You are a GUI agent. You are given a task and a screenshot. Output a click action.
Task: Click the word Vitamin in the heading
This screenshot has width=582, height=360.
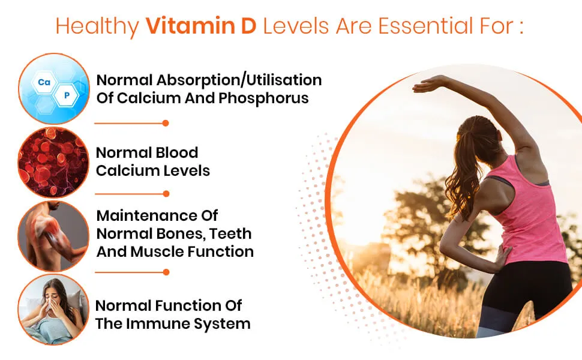point(190,26)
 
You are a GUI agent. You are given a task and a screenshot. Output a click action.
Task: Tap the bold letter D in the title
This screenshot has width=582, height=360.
point(248,26)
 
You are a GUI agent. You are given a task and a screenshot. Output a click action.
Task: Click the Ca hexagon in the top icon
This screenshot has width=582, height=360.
point(44,82)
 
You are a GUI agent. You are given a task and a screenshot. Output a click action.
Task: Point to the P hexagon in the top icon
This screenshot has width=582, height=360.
point(67,95)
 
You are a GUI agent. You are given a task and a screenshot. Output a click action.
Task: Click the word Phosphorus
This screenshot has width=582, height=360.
point(263,98)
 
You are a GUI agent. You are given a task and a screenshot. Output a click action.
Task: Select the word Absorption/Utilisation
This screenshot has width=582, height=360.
point(239,80)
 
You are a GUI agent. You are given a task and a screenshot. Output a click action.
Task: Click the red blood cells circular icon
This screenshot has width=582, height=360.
point(53,162)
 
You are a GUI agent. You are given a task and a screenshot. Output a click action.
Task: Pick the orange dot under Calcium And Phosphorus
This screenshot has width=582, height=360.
point(166,123)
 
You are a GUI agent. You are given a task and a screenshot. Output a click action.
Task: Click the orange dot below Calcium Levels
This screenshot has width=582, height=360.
point(166,194)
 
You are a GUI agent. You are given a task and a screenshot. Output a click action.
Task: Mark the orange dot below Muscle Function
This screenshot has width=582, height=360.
point(166,272)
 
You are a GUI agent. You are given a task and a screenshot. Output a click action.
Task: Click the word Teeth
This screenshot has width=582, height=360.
point(230,234)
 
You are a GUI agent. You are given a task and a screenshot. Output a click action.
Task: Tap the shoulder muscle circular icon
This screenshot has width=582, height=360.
point(53,236)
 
